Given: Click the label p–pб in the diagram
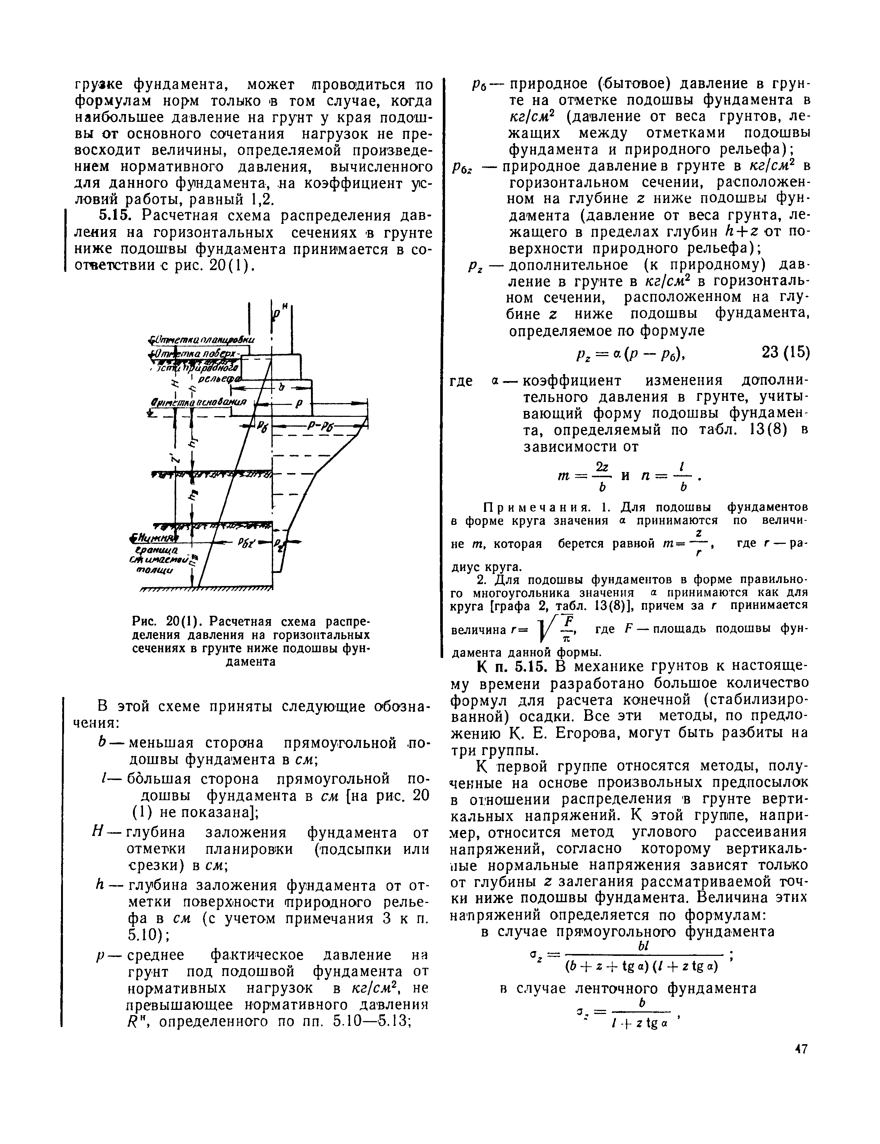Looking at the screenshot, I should click(x=315, y=427).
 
